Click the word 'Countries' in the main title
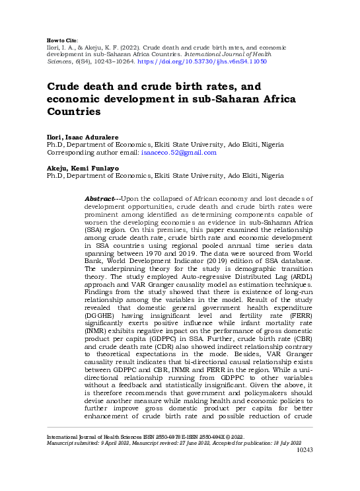coord(77,112)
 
